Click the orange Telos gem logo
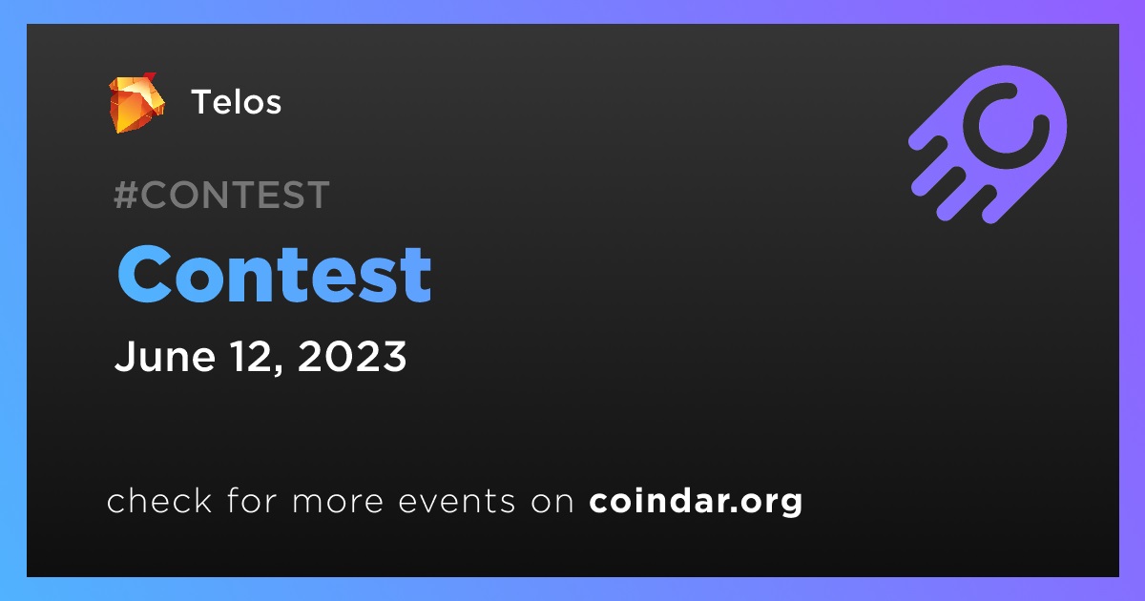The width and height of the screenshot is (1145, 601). coord(137,103)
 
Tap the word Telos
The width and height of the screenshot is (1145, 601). coord(237,102)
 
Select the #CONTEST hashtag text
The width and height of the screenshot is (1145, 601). coord(221,195)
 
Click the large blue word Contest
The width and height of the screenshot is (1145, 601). coord(275,274)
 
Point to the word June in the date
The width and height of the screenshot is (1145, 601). coord(164,356)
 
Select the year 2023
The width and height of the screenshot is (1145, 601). coord(352,356)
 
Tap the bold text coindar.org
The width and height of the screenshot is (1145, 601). coord(696,502)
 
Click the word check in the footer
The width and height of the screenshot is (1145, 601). coord(159,500)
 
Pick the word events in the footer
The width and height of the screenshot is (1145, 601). coord(456,501)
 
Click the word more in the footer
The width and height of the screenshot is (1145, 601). coord(338,502)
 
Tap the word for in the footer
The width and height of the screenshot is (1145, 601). coord(252,500)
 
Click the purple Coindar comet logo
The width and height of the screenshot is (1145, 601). coord(988,145)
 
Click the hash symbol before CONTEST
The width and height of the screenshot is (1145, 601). coord(126,195)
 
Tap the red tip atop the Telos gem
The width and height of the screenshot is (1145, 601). coord(149,76)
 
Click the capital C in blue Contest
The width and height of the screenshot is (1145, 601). coord(143,274)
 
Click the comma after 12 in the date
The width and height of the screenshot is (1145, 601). coord(279,369)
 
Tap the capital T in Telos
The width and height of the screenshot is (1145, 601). coord(202,102)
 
